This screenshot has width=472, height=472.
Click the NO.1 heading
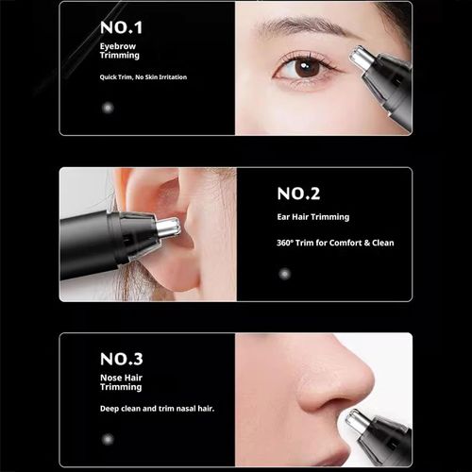121,26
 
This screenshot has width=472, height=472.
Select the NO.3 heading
122,359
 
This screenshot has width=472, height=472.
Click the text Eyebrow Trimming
119,50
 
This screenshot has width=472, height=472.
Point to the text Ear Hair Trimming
312,217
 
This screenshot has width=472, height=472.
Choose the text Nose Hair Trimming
121,382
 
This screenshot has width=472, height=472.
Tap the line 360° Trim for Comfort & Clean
335,243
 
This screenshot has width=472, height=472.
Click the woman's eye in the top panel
305,67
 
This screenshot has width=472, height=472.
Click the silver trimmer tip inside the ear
167,228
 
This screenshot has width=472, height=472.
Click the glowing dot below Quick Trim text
107,108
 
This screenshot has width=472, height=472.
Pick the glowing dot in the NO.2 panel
284,274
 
